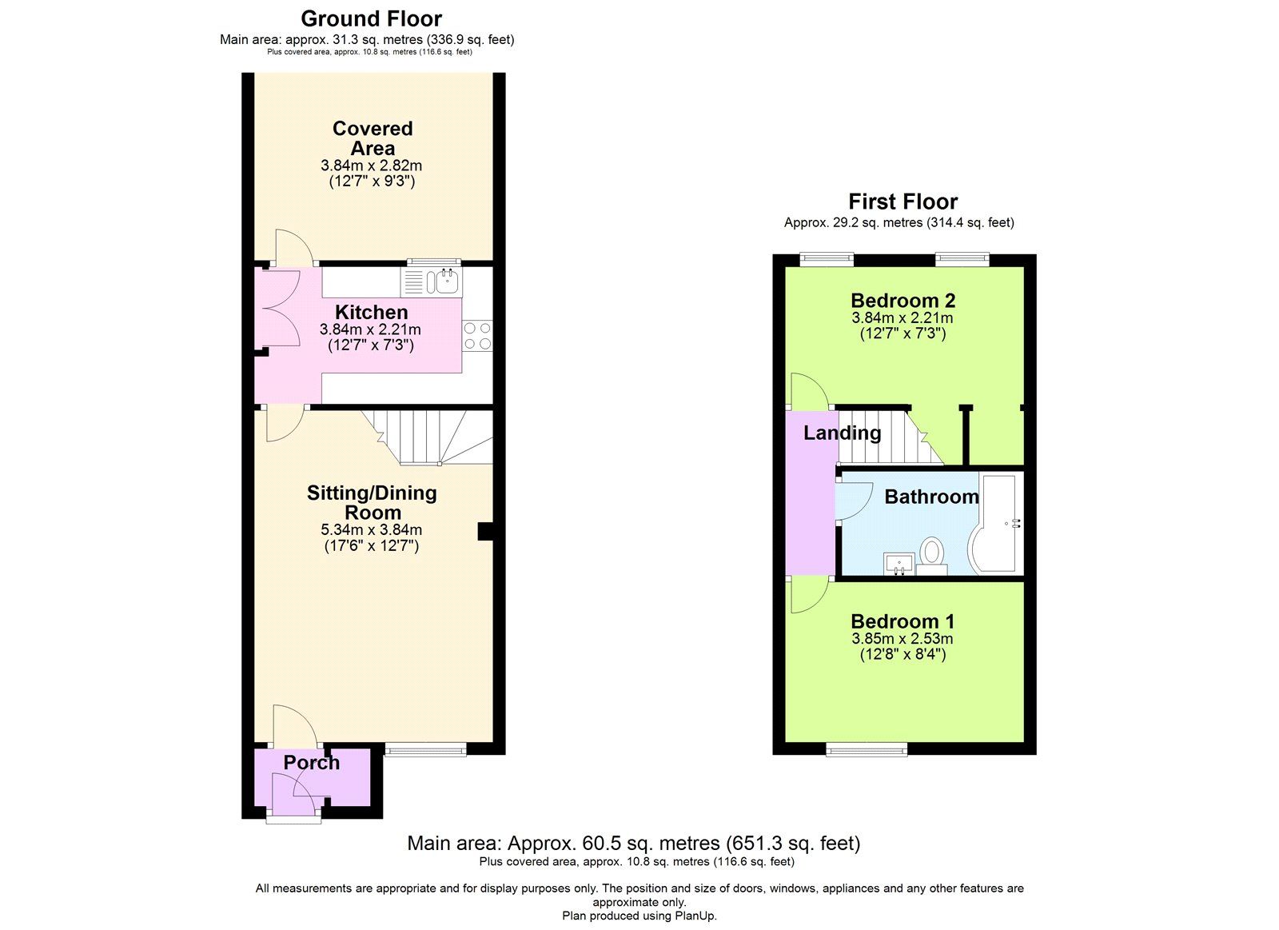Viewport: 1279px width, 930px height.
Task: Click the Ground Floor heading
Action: tap(371, 18)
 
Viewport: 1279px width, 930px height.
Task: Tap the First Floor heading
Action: tap(902, 202)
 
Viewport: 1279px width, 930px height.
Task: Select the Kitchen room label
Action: tap(371, 313)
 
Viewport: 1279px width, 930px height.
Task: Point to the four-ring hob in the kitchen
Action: tap(477, 336)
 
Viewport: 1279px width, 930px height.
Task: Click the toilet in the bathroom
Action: tap(931, 553)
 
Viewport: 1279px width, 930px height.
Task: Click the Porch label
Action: tap(311, 763)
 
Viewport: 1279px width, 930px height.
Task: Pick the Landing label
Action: tap(842, 433)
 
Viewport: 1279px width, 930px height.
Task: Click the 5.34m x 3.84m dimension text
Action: tap(371, 529)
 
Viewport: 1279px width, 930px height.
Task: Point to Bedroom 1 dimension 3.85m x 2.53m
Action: tap(902, 639)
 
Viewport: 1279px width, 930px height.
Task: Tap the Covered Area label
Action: tap(373, 138)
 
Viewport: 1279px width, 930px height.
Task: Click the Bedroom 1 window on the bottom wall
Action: tap(867, 748)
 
